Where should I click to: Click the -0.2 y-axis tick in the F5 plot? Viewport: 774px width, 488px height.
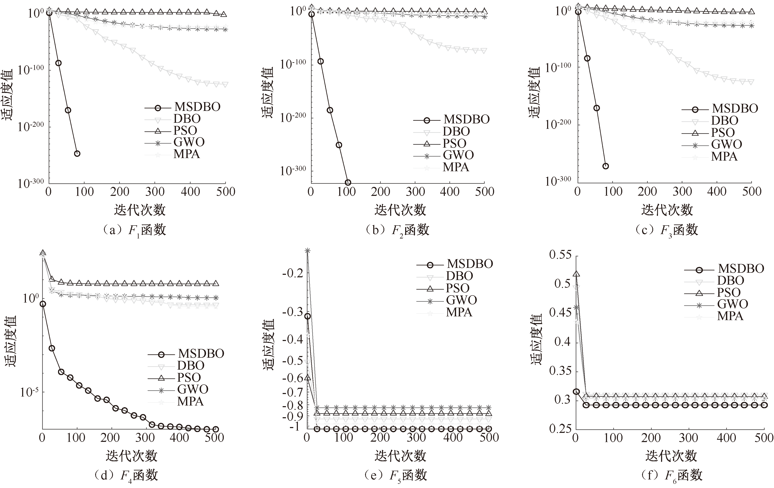coord(292,274)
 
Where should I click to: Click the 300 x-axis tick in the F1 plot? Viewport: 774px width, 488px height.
coord(155,192)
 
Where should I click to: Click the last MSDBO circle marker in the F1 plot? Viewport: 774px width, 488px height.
coord(77,154)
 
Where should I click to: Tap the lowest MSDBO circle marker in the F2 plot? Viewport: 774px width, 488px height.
coord(348,183)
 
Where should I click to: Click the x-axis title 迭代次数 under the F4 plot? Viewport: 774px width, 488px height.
coord(132,456)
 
